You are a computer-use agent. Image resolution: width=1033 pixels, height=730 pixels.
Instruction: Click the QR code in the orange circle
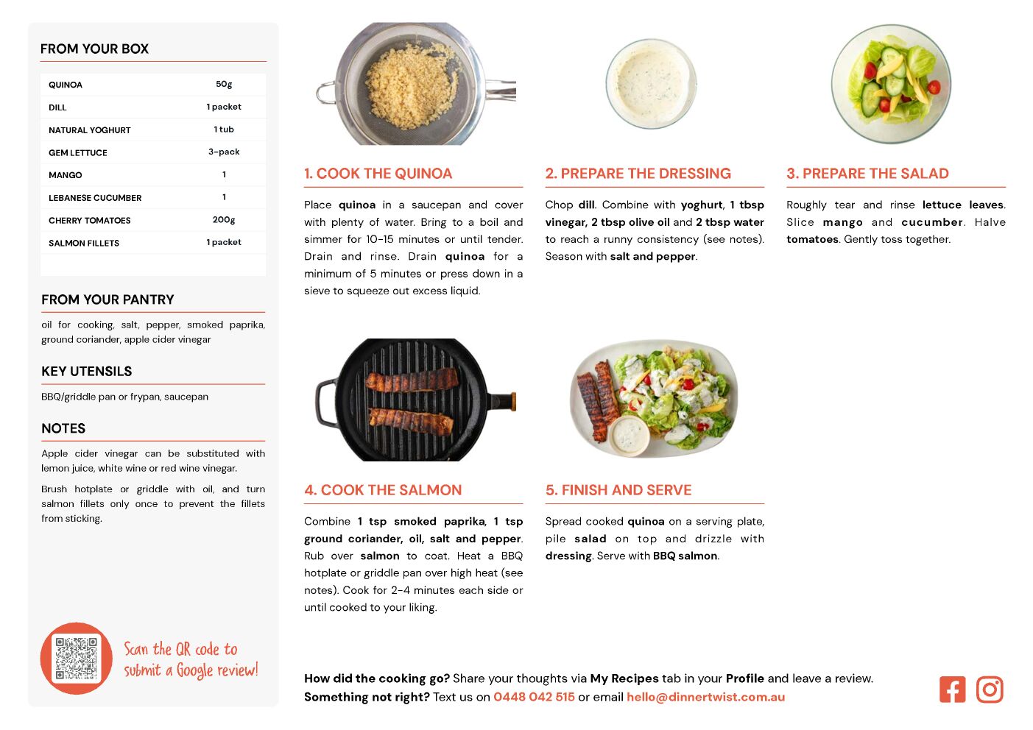tap(77, 658)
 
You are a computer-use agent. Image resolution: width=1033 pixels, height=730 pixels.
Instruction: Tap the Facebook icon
tap(952, 690)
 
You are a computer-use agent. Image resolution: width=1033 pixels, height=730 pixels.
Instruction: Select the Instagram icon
tap(990, 690)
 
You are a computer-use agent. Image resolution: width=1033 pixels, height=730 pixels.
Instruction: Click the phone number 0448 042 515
tap(534, 697)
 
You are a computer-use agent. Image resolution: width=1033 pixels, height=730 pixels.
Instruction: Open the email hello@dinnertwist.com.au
tap(705, 697)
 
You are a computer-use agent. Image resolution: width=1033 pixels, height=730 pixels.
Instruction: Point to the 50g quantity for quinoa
tap(224, 85)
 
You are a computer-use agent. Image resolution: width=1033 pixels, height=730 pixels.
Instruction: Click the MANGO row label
tap(66, 175)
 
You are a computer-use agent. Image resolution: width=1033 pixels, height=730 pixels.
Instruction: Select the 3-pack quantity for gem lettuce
tap(224, 152)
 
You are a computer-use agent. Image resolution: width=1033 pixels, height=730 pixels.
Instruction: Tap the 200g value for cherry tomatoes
tap(224, 220)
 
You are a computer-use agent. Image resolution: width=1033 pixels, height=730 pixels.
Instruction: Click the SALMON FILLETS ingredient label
tap(84, 243)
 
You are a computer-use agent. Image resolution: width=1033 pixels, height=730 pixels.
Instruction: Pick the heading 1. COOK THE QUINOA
tap(378, 173)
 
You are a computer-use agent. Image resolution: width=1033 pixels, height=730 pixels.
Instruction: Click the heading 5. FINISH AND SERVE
tap(618, 490)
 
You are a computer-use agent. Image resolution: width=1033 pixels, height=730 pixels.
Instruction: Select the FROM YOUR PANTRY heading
tap(108, 300)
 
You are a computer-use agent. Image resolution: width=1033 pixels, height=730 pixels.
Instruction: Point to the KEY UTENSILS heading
tap(87, 371)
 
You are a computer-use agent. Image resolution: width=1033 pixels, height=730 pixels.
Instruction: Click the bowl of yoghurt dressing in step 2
tap(651, 84)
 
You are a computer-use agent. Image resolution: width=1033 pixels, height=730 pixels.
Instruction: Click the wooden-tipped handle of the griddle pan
tap(504, 400)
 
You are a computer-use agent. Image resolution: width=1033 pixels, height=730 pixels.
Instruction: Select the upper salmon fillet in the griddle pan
tap(412, 380)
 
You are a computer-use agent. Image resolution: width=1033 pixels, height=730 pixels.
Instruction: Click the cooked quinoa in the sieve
tap(412, 85)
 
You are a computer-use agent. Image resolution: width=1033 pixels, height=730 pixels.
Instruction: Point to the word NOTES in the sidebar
tap(63, 428)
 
